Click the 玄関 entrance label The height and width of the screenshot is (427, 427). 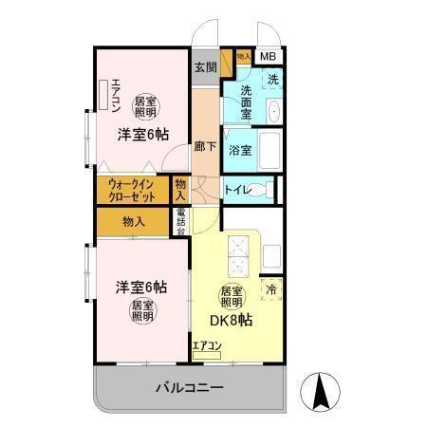(x=206, y=67)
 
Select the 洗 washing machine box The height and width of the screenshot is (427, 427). (x=271, y=79)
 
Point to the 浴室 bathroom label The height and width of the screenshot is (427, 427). (x=241, y=149)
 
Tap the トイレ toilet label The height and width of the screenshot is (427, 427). (x=237, y=190)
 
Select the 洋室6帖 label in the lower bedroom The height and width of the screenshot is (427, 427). (x=141, y=287)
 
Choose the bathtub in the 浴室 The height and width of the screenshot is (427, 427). (x=269, y=149)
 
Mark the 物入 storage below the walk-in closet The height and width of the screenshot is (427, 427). (x=134, y=221)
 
